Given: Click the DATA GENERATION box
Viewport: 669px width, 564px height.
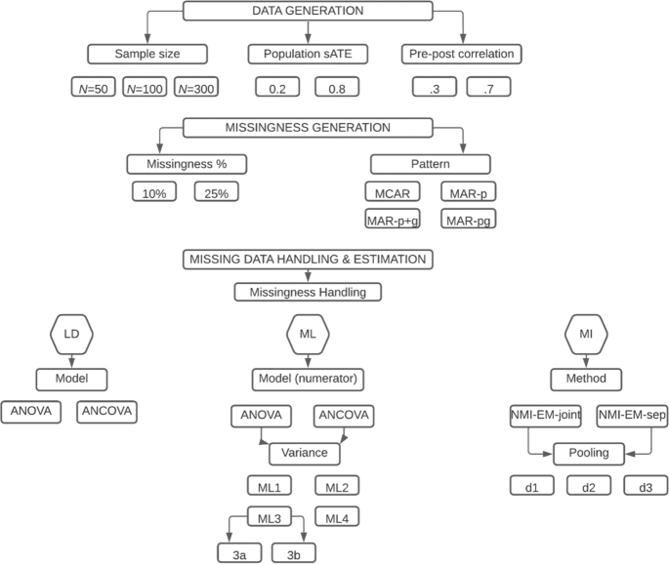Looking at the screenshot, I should (x=306, y=10).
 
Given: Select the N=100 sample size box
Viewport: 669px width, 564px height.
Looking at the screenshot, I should (x=146, y=88).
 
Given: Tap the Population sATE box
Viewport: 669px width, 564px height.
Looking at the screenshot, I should (x=306, y=54).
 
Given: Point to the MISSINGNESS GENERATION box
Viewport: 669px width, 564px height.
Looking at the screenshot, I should (x=307, y=128).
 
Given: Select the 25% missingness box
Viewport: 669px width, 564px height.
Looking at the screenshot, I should (x=215, y=193).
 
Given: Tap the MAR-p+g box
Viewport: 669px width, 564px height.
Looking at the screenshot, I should (x=391, y=220).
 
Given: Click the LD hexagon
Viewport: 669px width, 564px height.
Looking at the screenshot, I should (x=70, y=335).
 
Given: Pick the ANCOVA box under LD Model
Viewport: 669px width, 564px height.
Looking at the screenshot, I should (x=107, y=413).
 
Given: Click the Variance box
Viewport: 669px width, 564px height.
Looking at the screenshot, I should (x=305, y=453).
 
